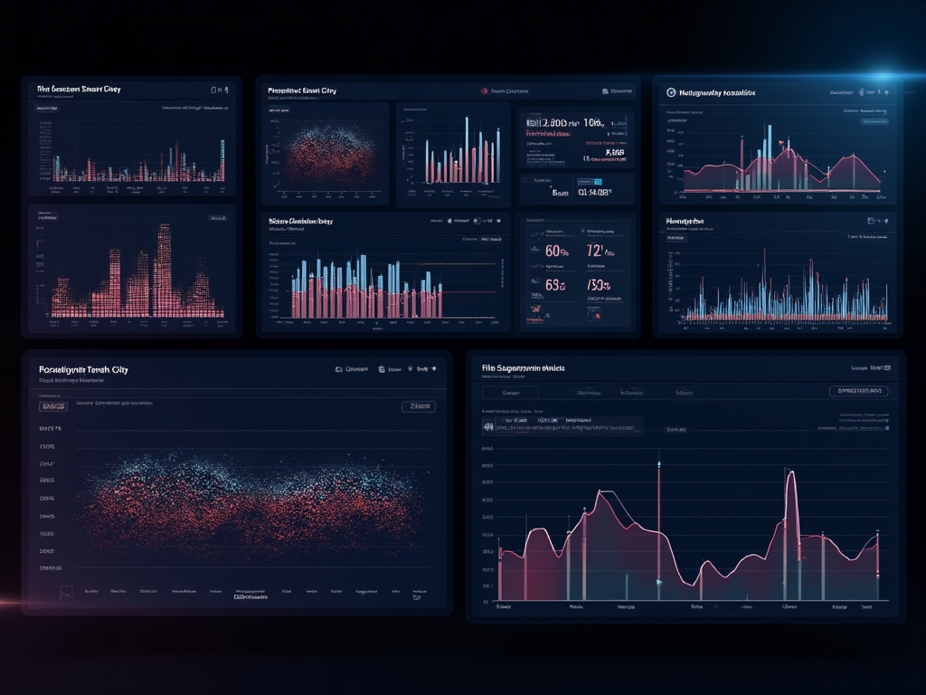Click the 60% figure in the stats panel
[x=556, y=252]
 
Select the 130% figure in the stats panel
[x=598, y=285]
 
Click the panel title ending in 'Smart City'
[x=79, y=90]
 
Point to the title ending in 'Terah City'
[x=83, y=370]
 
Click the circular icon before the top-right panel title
[x=671, y=92]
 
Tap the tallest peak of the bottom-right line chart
[x=791, y=475]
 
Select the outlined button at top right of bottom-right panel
[x=857, y=391]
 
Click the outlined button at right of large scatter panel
[x=418, y=407]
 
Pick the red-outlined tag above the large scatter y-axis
[x=54, y=407]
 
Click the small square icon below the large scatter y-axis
[x=65, y=592]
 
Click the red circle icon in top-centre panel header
[x=485, y=91]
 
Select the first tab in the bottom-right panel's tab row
[x=510, y=394]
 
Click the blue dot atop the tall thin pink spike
[x=658, y=463]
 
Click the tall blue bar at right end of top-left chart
[x=222, y=159]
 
